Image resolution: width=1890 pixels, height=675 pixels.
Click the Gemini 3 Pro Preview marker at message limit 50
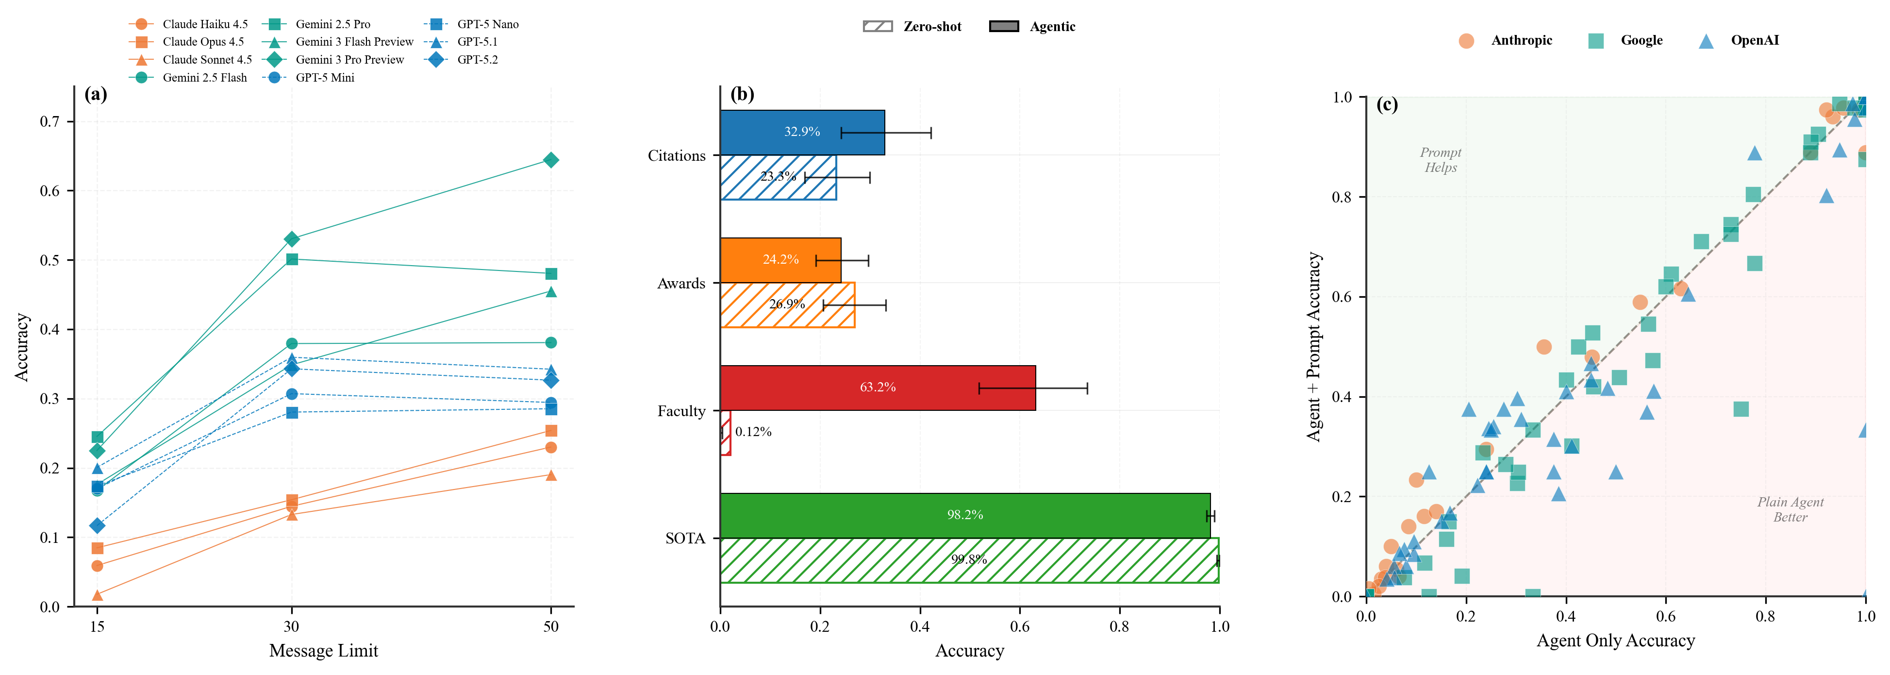[551, 160]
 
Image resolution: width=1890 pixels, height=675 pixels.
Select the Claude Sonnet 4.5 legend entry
[206, 59]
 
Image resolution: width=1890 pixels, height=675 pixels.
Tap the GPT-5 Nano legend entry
[487, 24]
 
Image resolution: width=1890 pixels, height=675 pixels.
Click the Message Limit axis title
[324, 651]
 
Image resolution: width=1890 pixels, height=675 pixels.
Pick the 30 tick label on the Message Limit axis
[291, 626]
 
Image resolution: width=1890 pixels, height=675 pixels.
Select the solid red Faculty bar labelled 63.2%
[878, 388]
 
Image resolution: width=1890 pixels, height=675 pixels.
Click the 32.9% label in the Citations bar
[802, 132]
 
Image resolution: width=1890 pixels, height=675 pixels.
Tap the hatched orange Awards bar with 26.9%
[787, 304]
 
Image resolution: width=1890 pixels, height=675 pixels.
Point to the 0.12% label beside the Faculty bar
[753, 432]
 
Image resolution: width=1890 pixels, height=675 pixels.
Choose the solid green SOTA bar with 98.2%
[965, 515]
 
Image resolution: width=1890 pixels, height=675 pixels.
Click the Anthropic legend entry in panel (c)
[1521, 40]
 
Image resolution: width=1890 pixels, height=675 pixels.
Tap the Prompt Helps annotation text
[1440, 160]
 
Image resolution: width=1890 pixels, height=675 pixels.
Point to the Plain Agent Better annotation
[1790, 509]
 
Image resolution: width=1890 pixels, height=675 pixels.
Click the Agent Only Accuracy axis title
[1616, 641]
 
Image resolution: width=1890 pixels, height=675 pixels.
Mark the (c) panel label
[1387, 104]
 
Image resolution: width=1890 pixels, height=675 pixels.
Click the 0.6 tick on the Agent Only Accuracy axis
[1665, 616]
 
